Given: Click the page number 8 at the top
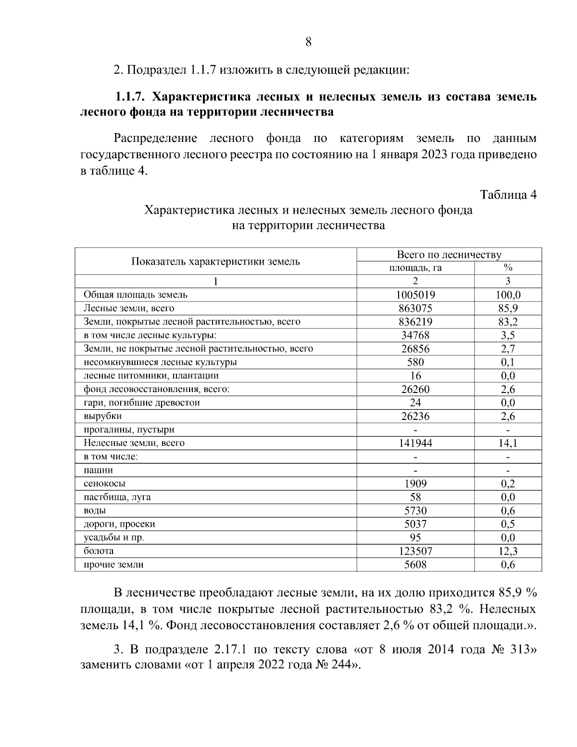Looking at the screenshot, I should (x=308, y=42).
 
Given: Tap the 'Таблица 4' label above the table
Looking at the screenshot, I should (x=508, y=195).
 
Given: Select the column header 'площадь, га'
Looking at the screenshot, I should (x=415, y=268).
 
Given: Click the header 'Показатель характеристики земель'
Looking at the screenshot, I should (x=215, y=261).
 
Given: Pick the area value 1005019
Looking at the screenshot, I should (x=415, y=295).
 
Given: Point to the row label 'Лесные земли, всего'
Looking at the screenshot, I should (x=129, y=308).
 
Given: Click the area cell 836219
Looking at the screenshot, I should (x=415, y=322).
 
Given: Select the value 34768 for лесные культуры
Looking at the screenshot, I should (x=415, y=335).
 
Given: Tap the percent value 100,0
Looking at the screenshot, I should (x=508, y=295).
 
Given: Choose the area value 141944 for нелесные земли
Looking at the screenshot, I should (x=415, y=443).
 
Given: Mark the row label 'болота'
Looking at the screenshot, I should (x=99, y=551).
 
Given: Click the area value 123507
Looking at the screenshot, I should (x=415, y=551).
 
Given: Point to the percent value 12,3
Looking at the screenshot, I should (x=508, y=551).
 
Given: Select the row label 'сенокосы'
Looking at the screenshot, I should (x=104, y=483).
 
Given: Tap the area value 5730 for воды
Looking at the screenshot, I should (x=415, y=510).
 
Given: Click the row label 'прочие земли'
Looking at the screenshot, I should (x=113, y=565).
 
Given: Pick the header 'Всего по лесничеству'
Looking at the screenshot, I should (x=449, y=254).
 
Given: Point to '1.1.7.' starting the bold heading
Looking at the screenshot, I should (x=129, y=97).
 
